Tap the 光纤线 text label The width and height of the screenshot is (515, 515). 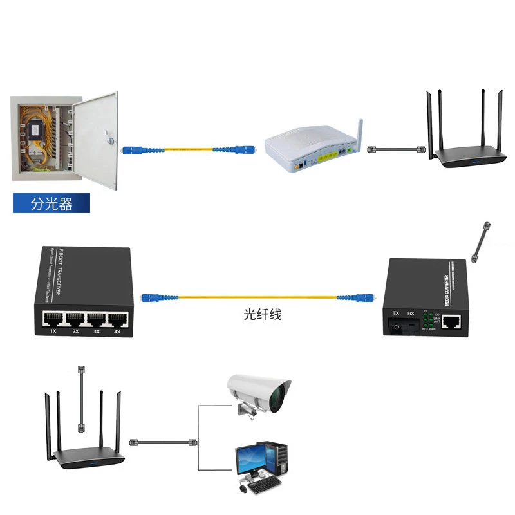262,315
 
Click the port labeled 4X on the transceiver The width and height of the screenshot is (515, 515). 117,319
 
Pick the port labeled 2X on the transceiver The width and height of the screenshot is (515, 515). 73,319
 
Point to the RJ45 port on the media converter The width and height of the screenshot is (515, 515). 456,320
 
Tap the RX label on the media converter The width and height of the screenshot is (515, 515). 411,315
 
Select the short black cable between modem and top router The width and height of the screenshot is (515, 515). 393,149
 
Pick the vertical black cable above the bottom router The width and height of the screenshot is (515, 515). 80,399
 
